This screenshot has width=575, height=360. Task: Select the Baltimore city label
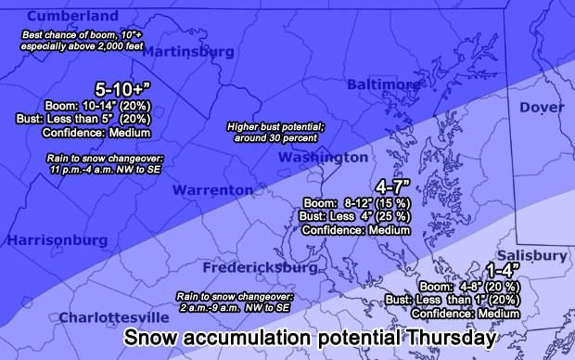(383, 85)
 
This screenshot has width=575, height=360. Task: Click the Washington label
(324, 159)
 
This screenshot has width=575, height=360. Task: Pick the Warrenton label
(212, 189)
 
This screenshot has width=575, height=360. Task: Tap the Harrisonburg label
(57, 240)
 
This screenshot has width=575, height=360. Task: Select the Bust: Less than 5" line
(89, 119)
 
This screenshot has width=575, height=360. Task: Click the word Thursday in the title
(441, 339)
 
